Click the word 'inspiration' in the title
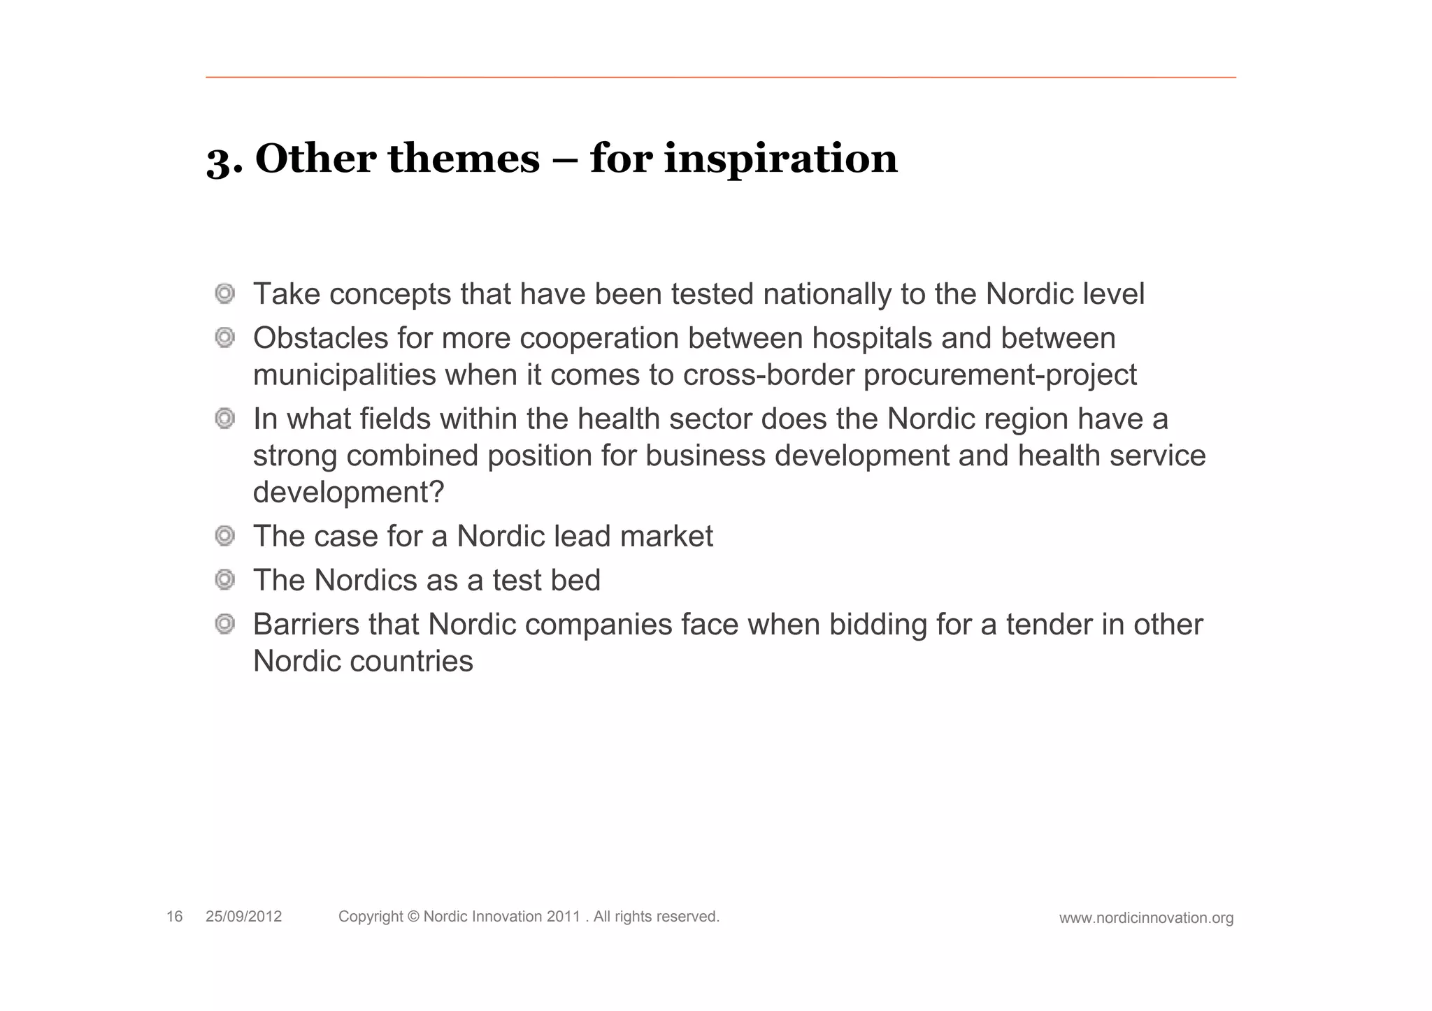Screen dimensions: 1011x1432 coord(780,159)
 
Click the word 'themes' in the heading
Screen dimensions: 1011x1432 coord(464,159)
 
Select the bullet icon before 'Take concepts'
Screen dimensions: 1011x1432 coord(224,293)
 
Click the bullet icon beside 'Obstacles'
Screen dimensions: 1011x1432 coord(224,338)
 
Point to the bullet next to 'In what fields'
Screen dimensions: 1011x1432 coord(224,419)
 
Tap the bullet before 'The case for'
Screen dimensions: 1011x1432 coord(224,536)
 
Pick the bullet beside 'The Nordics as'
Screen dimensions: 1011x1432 coord(224,580)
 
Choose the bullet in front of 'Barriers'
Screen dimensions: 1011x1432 coord(224,624)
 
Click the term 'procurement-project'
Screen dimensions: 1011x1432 coord(1000,375)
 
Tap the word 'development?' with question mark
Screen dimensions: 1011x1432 coord(348,493)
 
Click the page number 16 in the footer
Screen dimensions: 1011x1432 coord(174,917)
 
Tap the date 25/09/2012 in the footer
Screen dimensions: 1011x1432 coord(243,917)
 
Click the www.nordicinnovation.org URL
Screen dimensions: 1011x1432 coord(1146,918)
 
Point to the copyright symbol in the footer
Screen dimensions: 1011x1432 coord(412,917)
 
